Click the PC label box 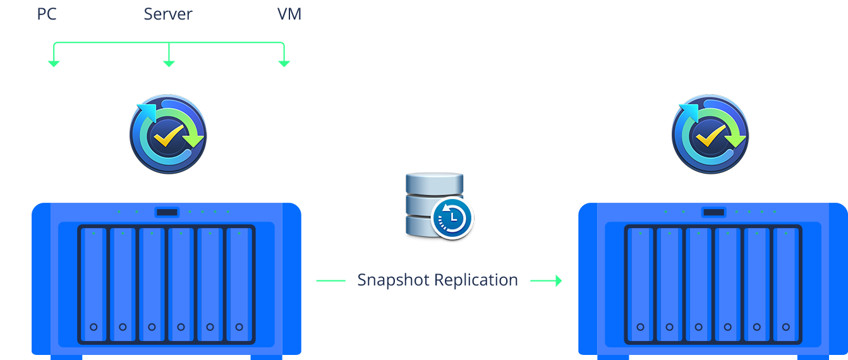(x=47, y=13)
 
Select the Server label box (x=169, y=13)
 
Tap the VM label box (x=290, y=13)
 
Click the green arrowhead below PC (x=54, y=63)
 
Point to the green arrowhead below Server (x=169, y=63)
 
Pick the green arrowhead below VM (x=284, y=63)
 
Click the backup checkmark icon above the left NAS (x=168, y=134)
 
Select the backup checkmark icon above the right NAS (x=710, y=134)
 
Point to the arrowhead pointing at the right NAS (x=558, y=280)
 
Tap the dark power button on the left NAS (x=167, y=212)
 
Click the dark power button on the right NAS (x=714, y=212)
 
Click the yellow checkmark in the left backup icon (x=169, y=135)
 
